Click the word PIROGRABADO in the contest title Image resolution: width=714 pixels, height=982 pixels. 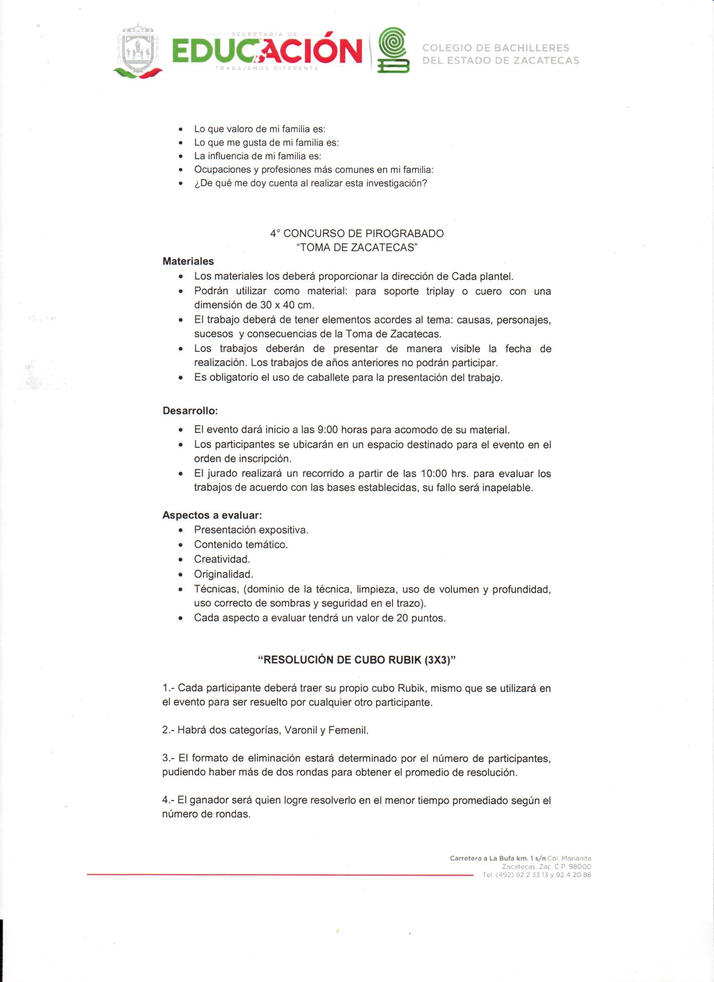tap(404, 234)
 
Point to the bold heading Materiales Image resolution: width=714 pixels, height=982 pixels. tap(188, 262)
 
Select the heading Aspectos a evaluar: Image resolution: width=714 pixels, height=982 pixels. tap(212, 515)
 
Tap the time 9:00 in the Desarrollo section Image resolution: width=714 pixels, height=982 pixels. tap(327, 430)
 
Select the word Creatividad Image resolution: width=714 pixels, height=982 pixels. tap(222, 559)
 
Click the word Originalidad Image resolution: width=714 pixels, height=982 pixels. tap(223, 574)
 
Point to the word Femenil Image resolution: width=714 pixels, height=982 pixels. tap(348, 730)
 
